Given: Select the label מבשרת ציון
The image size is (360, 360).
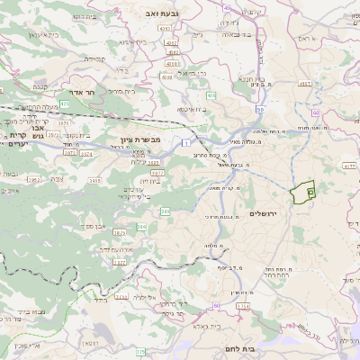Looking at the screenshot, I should pos(139,140).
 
